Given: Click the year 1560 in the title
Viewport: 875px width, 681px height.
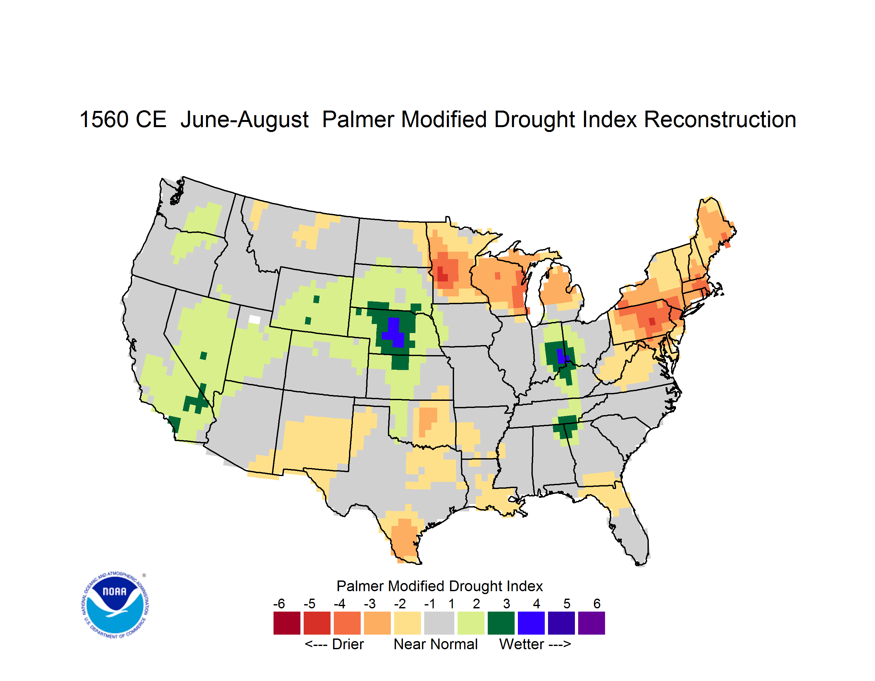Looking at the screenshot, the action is point(104,119).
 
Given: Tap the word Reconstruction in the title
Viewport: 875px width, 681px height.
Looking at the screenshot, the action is point(720,119).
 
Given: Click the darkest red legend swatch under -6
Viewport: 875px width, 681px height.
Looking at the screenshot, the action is point(287,623).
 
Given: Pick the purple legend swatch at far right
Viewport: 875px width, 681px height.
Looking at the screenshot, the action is point(591,623).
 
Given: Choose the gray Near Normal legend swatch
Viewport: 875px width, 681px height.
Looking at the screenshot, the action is point(439,623).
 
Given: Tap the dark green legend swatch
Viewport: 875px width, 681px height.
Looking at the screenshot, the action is point(501,623).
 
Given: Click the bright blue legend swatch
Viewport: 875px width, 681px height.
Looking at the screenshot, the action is point(531,623).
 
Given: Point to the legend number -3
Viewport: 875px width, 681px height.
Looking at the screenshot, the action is point(370,603).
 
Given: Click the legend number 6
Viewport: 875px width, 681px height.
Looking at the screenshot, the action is point(597,603).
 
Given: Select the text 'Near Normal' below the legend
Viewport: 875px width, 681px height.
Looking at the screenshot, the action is point(436,644).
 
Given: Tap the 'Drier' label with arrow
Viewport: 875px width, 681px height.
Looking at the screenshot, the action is point(334,644).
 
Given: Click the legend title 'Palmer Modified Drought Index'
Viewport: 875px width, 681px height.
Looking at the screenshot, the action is point(439,586).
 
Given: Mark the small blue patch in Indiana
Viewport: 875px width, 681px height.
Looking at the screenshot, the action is point(562,356).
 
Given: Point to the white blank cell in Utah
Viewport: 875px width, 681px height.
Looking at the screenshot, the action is point(254,319).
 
